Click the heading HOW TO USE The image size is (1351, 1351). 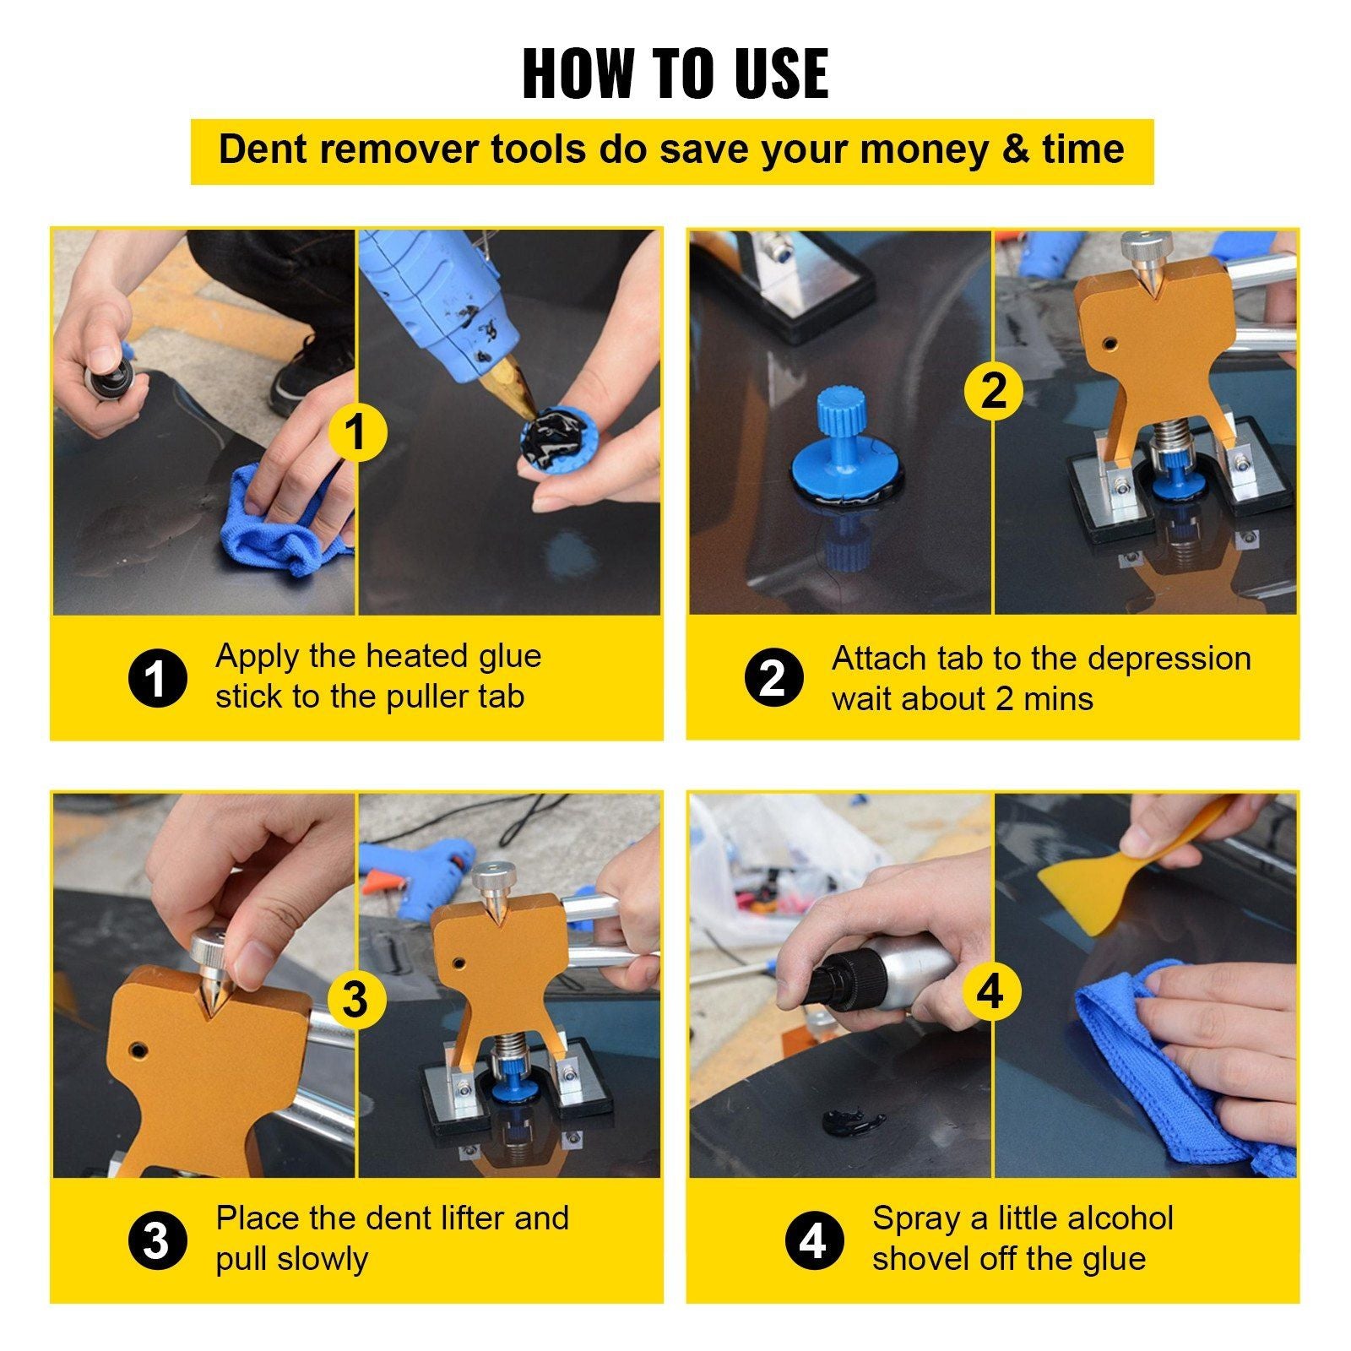(675, 73)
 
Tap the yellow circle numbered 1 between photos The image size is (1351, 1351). (357, 431)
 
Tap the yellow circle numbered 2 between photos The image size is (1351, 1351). (993, 391)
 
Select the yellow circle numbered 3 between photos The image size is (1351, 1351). (355, 999)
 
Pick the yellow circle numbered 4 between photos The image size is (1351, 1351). (990, 990)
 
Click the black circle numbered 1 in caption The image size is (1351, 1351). (157, 678)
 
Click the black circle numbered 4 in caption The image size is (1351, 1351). (812, 1241)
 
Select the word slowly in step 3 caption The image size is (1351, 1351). (321, 1259)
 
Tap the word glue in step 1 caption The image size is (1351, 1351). (504, 656)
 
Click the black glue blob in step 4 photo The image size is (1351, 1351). (853, 1121)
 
